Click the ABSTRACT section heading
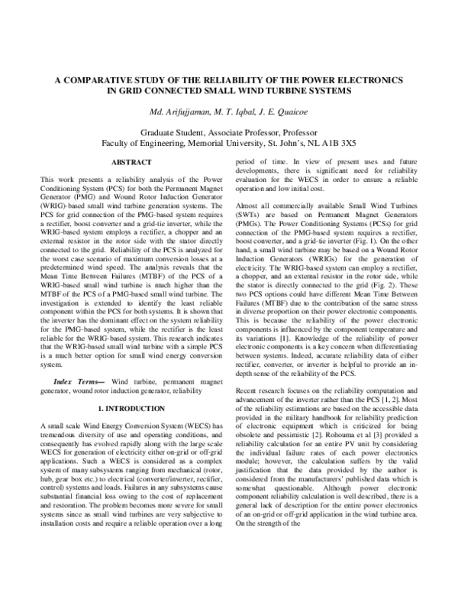click(126, 163)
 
